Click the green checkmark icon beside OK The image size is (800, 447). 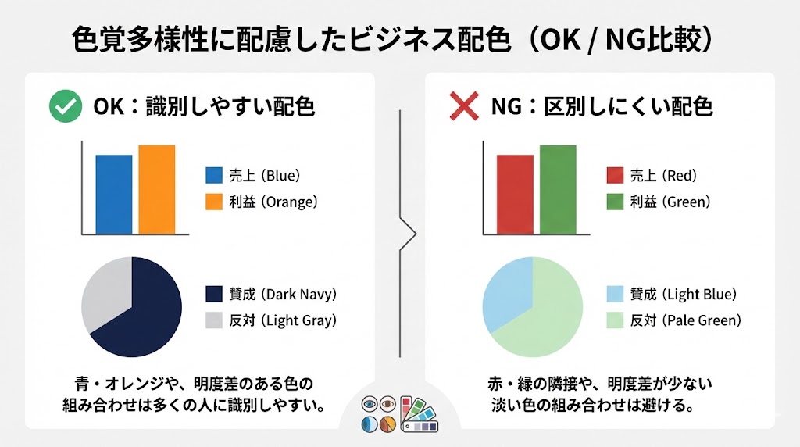(x=66, y=106)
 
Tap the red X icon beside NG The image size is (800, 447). (x=464, y=106)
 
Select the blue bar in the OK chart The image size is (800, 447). (x=114, y=195)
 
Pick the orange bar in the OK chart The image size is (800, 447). (x=156, y=189)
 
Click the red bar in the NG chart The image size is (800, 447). (x=516, y=195)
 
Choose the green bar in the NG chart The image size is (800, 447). (x=558, y=190)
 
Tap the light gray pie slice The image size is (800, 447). (x=105, y=291)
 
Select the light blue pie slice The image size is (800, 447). (x=506, y=291)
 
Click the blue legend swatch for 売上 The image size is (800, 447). (x=214, y=175)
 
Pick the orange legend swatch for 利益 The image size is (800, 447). (x=214, y=202)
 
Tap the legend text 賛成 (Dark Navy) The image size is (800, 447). (x=283, y=294)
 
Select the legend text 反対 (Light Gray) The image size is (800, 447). (x=283, y=320)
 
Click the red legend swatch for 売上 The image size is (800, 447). (x=615, y=175)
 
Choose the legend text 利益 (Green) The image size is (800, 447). (x=670, y=202)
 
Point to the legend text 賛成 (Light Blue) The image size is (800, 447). (x=684, y=294)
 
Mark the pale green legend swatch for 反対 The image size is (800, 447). (x=615, y=320)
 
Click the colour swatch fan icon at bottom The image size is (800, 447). (x=420, y=414)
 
